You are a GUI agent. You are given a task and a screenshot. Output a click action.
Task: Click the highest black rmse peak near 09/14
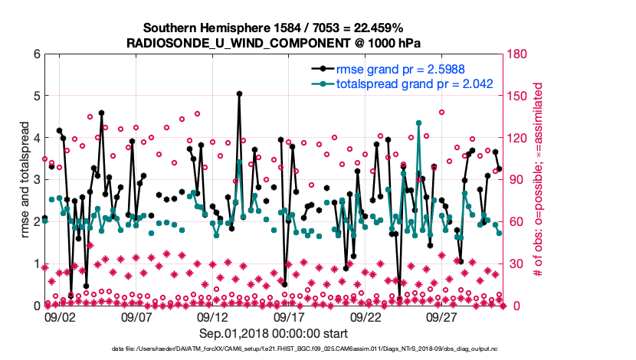click(240, 94)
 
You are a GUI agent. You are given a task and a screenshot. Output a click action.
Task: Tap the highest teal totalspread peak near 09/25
click(418, 123)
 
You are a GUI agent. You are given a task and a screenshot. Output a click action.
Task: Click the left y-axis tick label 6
click(36, 54)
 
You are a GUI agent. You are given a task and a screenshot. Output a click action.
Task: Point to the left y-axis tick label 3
click(36, 179)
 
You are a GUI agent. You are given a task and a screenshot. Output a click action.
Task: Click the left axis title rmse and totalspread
click(24, 179)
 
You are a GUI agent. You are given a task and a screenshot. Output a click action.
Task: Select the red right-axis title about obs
click(538, 179)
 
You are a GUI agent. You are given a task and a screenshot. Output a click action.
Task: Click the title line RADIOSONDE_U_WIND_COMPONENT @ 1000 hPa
click(273, 42)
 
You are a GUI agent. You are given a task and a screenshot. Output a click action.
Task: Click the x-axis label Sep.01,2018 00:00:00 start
click(274, 333)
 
